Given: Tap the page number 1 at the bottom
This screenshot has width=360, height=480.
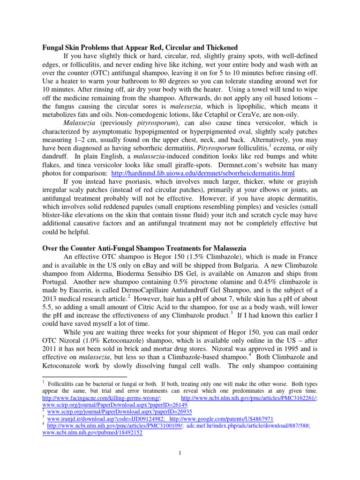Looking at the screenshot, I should (180, 452).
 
